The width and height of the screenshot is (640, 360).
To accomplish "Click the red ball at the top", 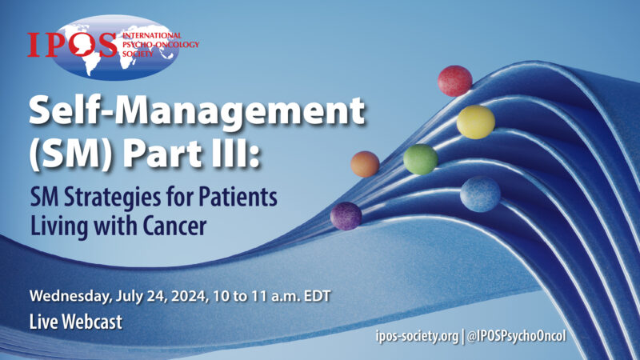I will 454,81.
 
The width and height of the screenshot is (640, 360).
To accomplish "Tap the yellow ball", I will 475,122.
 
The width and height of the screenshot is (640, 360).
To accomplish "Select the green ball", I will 420,159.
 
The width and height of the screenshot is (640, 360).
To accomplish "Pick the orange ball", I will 365,164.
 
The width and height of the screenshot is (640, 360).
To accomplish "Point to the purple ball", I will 346,216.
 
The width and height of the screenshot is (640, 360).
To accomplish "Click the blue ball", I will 480,194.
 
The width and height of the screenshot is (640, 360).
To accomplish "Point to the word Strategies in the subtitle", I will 113,196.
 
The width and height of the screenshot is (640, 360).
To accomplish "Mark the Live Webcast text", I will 76,323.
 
